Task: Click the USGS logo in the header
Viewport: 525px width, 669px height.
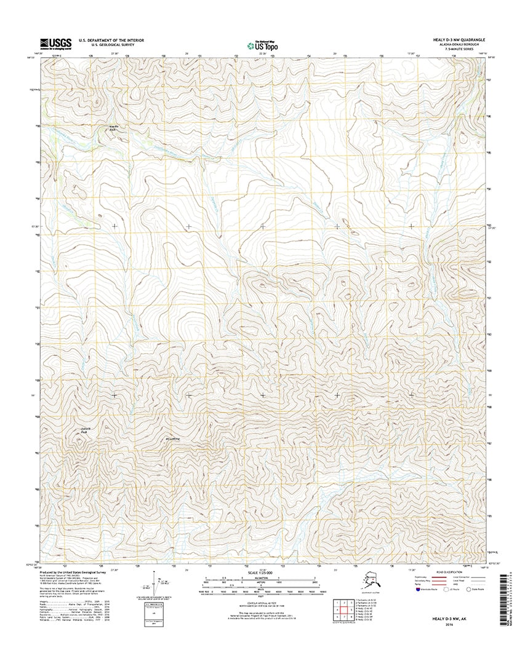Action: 55,43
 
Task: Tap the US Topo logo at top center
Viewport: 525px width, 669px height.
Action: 262,44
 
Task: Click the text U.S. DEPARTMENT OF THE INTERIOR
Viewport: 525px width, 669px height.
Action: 111,41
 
